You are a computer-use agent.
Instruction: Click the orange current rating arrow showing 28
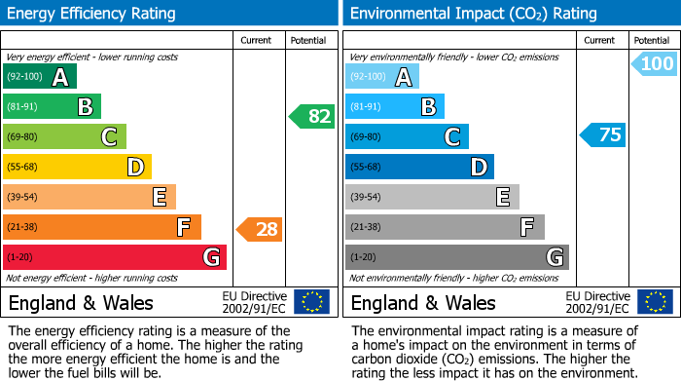point(260,229)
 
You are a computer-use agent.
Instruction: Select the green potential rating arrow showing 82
point(311,116)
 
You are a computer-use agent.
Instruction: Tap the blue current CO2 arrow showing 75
point(602,134)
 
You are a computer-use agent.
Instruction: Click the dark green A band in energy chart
point(39,77)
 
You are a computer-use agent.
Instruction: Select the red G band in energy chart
point(115,257)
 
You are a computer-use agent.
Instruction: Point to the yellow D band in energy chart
point(77,168)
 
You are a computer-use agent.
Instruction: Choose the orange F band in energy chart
point(102,227)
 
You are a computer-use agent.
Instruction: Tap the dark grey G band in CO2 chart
point(456,257)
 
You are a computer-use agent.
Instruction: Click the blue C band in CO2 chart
point(407,137)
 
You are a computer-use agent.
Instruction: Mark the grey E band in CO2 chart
point(431,197)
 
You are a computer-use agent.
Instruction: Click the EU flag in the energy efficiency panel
point(311,302)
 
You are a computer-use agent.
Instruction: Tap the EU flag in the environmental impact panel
point(654,302)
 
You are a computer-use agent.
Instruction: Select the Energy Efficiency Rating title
point(92,14)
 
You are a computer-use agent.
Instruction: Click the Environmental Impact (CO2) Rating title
point(473,14)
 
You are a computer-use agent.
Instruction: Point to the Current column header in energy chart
point(257,40)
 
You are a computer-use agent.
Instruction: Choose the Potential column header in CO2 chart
point(651,40)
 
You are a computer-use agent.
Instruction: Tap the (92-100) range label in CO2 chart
point(368,77)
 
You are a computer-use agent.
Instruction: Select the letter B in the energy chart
point(85,107)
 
